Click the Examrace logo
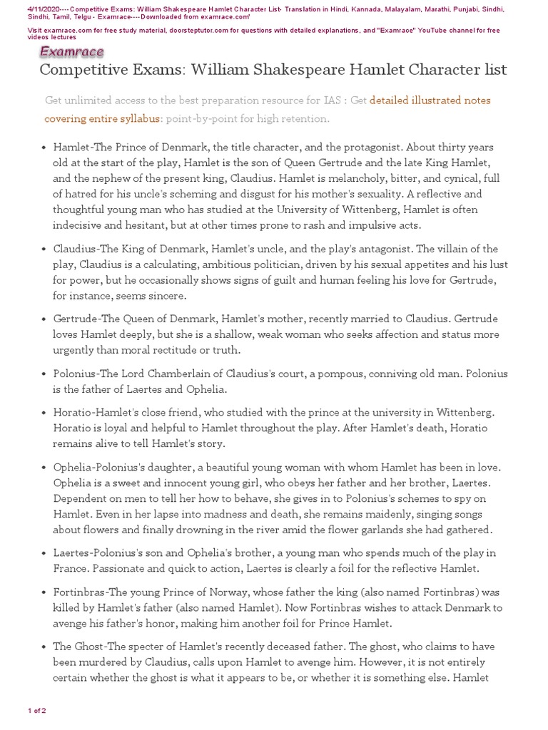tap(71, 51)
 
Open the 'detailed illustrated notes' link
tap(430, 101)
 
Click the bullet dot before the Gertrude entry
tap(43, 319)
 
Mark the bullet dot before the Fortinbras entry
tap(43, 592)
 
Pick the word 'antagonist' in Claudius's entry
tap(377, 249)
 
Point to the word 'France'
tap(70, 569)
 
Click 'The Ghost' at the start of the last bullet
tap(81, 647)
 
